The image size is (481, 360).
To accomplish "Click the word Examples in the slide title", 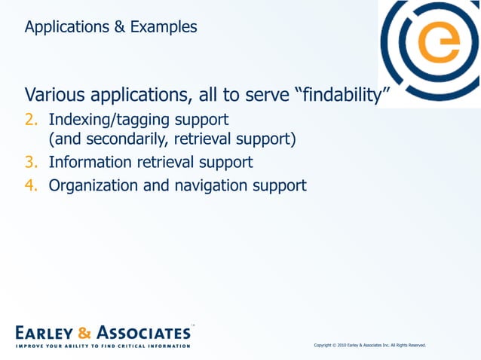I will point(164,28).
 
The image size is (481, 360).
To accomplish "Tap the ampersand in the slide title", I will point(121,28).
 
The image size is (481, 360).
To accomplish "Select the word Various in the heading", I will point(54,96).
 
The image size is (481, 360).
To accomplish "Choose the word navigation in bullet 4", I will point(210,185).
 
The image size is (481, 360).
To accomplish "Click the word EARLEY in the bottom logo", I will point(44,332).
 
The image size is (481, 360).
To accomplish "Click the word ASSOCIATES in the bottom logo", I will point(143,332).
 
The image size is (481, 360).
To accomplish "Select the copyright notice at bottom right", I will point(369,345).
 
